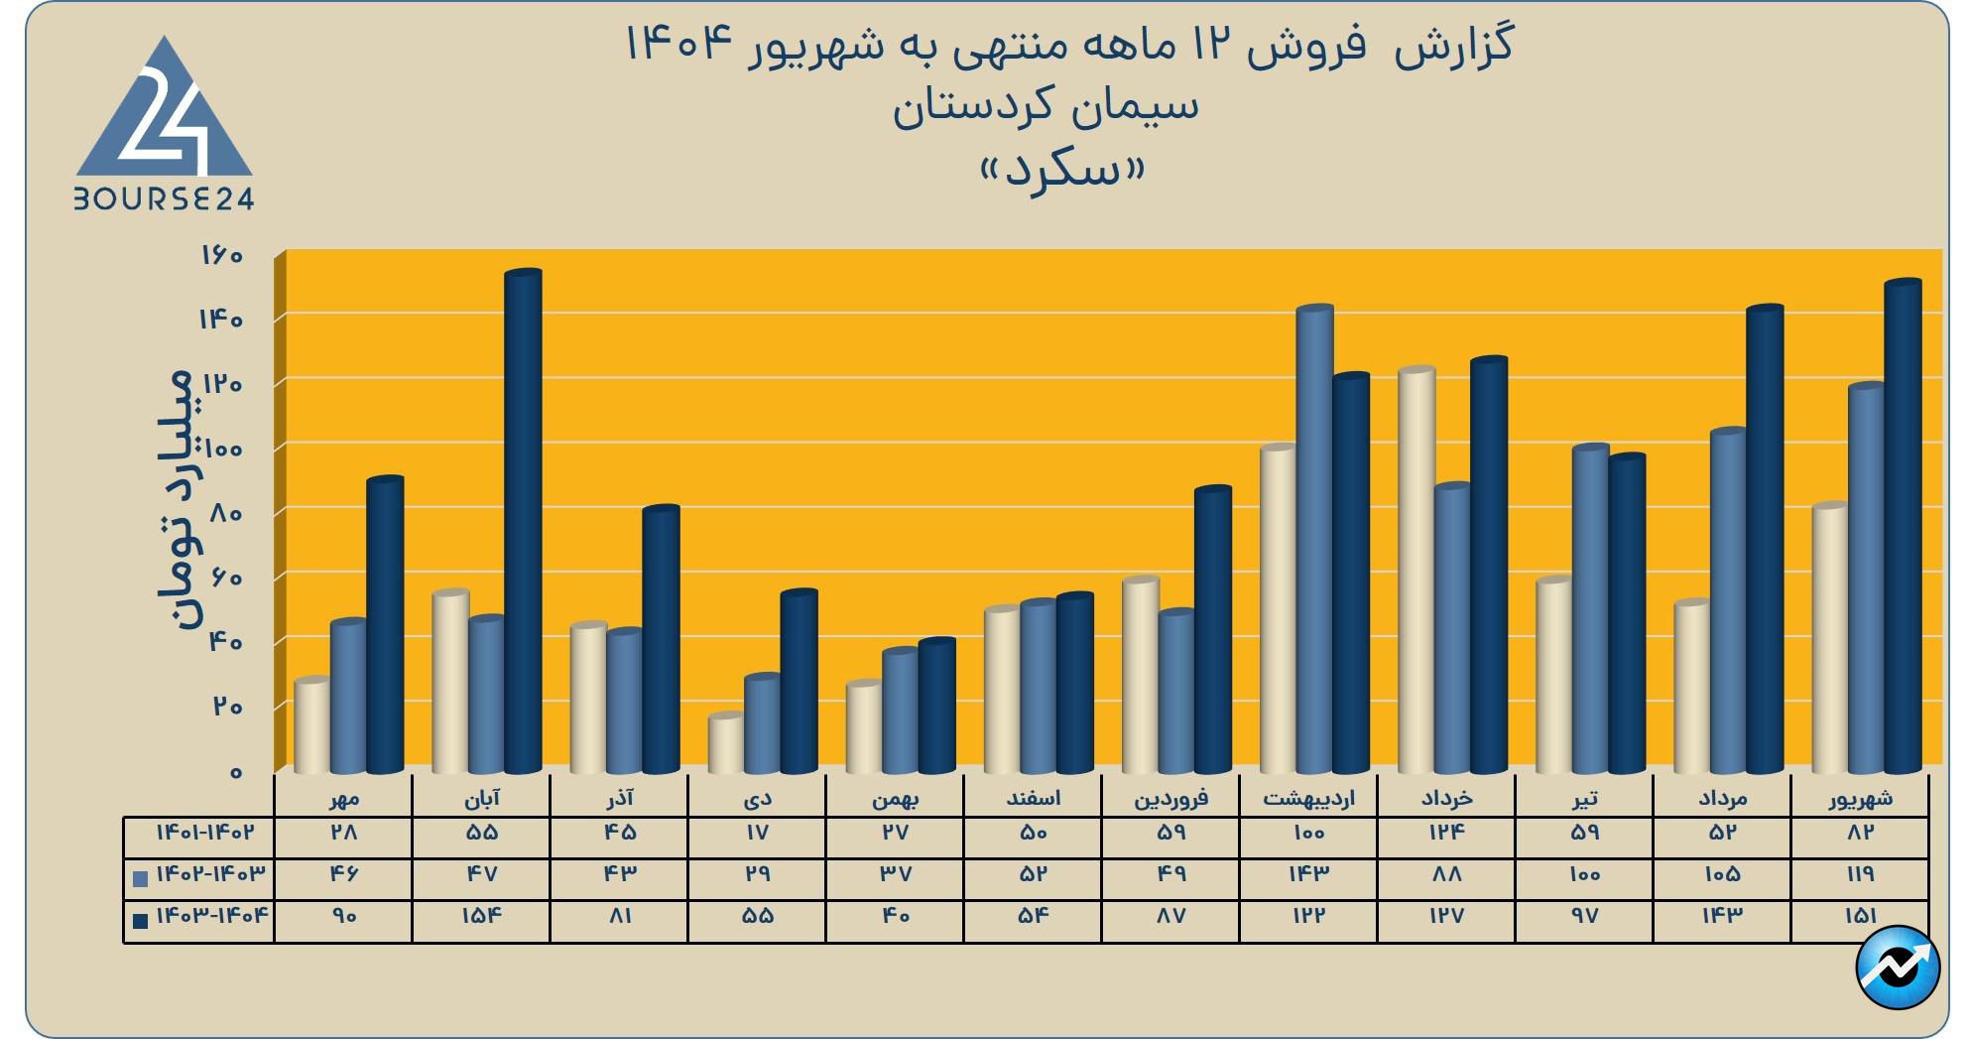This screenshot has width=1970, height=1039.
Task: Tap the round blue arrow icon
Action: point(1898,967)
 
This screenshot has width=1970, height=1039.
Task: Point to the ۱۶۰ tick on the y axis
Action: point(222,256)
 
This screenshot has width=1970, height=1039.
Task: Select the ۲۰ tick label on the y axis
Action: point(226,707)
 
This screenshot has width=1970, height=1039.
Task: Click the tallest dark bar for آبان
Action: point(523,521)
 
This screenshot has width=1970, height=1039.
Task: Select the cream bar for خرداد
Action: point(1416,571)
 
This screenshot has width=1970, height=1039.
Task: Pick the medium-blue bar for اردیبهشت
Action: point(1314,541)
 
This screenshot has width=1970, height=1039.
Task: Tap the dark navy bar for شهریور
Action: point(1903,526)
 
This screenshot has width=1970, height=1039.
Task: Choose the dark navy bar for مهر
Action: point(385,625)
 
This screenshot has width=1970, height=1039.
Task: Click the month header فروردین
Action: point(1170,798)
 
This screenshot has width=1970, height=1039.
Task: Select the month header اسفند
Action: point(1033,798)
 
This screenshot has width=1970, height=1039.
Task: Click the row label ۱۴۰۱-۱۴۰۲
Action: point(204,833)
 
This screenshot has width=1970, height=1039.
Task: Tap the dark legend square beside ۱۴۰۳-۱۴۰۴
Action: point(141,920)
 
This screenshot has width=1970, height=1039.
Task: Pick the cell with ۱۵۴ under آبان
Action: point(481,916)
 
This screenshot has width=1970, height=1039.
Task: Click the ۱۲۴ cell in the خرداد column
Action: point(1446,833)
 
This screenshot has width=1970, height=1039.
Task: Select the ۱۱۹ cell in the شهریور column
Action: point(1860,874)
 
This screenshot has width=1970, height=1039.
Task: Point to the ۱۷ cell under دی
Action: point(757,833)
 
